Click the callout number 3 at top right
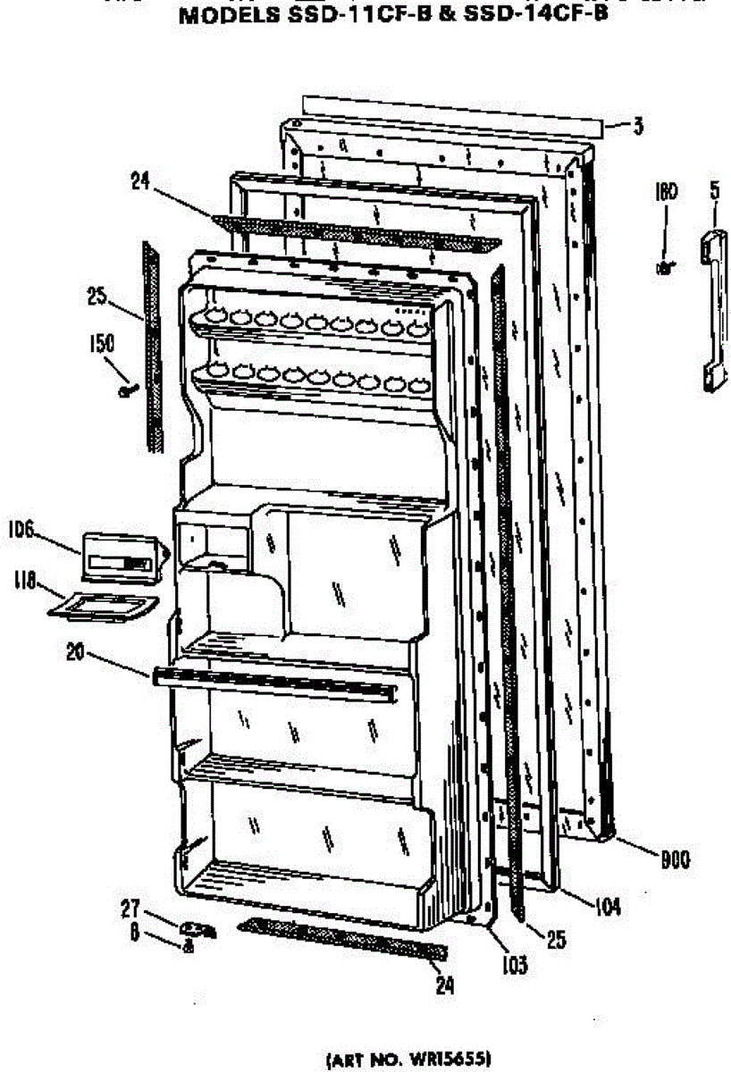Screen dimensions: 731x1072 [x=637, y=127]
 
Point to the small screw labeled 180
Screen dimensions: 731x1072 [x=664, y=266]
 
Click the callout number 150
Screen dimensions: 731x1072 [x=100, y=341]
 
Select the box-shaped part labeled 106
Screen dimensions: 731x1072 [x=122, y=559]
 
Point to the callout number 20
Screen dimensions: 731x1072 [x=76, y=652]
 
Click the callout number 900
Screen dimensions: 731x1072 [x=675, y=861]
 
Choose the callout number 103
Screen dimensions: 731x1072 [x=514, y=965]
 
